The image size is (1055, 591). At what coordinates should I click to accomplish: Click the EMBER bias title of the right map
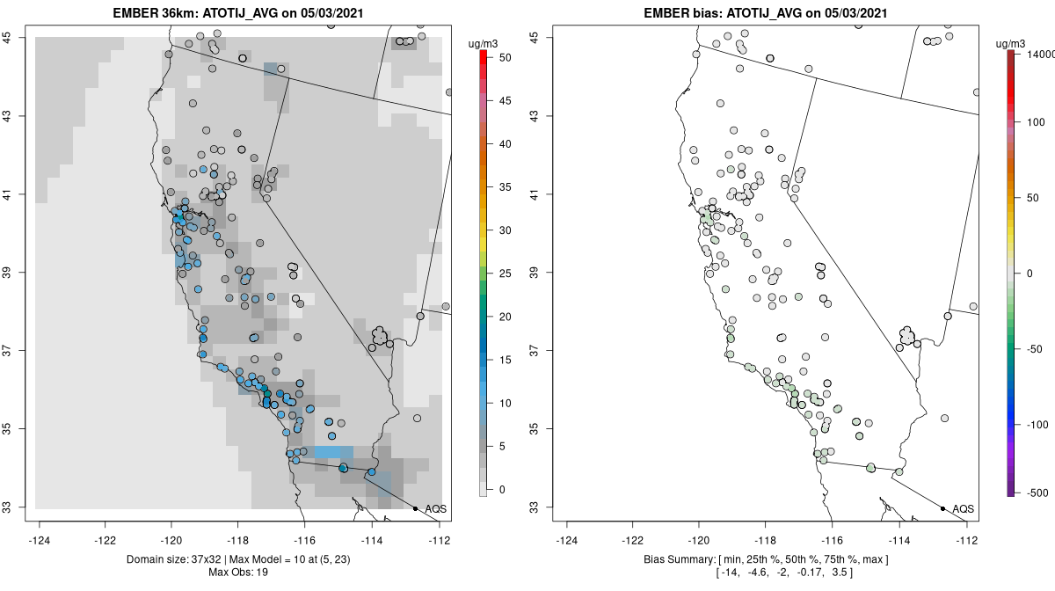tap(766, 13)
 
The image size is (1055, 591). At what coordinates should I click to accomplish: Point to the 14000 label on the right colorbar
tap(1038, 55)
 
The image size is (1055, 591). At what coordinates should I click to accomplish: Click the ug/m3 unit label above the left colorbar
tap(484, 42)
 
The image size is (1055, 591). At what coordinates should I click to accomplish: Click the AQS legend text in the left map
tap(436, 509)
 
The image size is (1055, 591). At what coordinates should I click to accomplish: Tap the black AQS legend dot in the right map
tap(942, 508)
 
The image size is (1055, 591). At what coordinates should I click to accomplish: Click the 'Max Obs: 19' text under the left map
tap(239, 573)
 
